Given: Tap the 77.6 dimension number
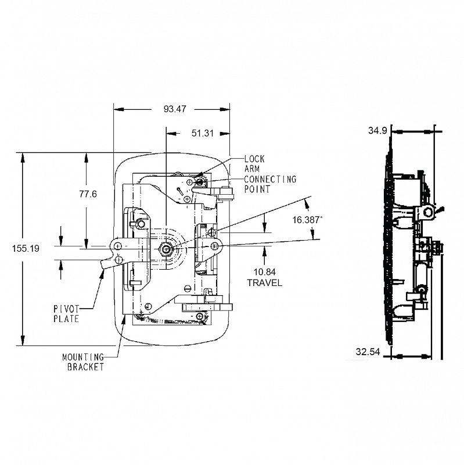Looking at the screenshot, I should (88, 194).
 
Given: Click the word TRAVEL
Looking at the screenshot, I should (265, 282).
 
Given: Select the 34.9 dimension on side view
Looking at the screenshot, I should (378, 131).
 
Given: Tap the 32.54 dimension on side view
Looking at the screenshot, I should (368, 352).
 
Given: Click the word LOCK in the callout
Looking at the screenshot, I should (254, 158).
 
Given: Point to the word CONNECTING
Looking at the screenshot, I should (270, 179).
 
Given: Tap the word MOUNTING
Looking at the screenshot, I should (82, 357).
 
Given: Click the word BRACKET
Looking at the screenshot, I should (85, 367).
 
